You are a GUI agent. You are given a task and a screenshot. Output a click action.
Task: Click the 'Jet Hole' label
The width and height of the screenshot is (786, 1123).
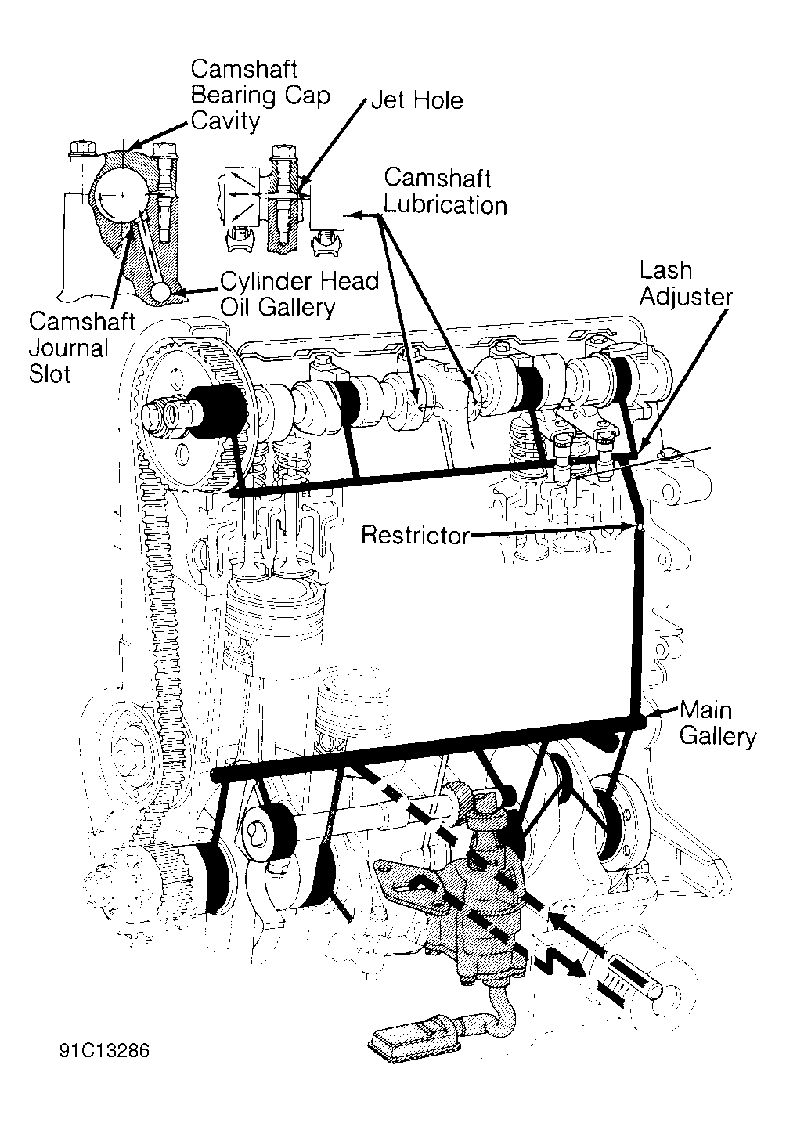point(417,100)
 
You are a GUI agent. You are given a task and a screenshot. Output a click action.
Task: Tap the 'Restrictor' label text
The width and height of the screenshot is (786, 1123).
point(415,535)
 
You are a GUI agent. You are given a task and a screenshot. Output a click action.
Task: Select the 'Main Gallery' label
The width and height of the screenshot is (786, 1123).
point(718,724)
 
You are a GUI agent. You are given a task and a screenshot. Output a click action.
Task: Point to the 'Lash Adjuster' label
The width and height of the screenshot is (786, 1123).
point(686,284)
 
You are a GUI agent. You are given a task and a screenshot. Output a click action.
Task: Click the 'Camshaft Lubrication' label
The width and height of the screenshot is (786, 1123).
point(445,192)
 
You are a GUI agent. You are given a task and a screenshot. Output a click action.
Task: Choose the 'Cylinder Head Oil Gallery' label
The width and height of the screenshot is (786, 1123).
point(299,294)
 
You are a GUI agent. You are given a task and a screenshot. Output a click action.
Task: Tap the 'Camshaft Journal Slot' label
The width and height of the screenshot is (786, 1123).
point(81,348)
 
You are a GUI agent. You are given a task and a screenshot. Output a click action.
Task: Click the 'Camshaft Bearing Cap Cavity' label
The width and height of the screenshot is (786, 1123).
point(260,96)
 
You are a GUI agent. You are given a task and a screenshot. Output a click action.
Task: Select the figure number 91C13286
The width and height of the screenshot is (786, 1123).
point(104,1050)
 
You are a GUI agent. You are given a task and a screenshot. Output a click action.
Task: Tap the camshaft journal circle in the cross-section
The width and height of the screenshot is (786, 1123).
point(121,194)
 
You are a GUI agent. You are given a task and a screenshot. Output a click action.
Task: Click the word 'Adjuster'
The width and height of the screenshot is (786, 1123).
point(686,298)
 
